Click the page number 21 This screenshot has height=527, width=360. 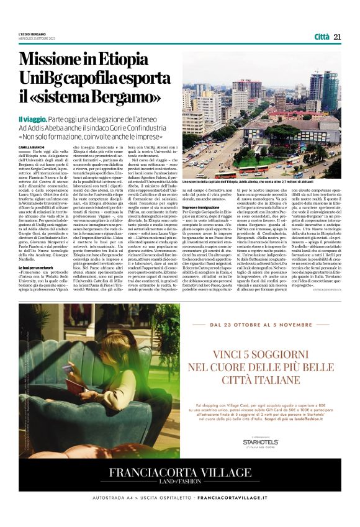pyautogui.click(x=337, y=37)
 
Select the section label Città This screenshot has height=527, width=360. pyautogui.click(x=322, y=37)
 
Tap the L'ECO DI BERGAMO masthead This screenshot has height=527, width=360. pyautogui.click(x=33, y=34)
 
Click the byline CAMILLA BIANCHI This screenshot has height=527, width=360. pyautogui.click(x=32, y=146)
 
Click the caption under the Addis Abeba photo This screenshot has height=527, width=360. pyautogui.click(x=261, y=182)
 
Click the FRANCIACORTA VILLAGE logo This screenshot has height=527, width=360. pyautogui.click(x=179, y=472)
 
